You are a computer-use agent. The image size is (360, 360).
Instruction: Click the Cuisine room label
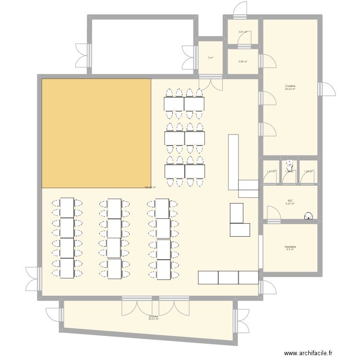pyautogui.click(x=290, y=86)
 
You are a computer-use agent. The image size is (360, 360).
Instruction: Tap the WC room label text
pyautogui.click(x=290, y=201)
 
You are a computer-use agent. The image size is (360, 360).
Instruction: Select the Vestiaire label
pyautogui.click(x=290, y=247)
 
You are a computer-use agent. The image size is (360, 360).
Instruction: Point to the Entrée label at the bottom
pyautogui.click(x=154, y=316)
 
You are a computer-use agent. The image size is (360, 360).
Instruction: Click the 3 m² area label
pyautogui.click(x=210, y=58)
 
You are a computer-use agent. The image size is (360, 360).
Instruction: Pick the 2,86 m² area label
pyautogui.click(x=242, y=61)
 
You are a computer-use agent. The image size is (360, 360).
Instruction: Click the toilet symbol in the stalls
pyautogui.click(x=289, y=164)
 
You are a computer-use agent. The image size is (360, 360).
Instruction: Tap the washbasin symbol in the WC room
pyautogui.click(x=307, y=216)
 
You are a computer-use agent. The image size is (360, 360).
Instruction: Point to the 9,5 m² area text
pyautogui.click(x=290, y=250)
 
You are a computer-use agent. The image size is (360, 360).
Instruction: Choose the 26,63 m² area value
pyautogui.click(x=290, y=89)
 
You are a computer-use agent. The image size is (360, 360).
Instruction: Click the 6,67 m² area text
pyautogui.click(x=290, y=204)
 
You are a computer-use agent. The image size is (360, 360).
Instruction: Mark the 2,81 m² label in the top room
pyautogui.click(x=242, y=32)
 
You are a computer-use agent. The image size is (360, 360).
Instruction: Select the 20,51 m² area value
pyautogui.click(x=154, y=319)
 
